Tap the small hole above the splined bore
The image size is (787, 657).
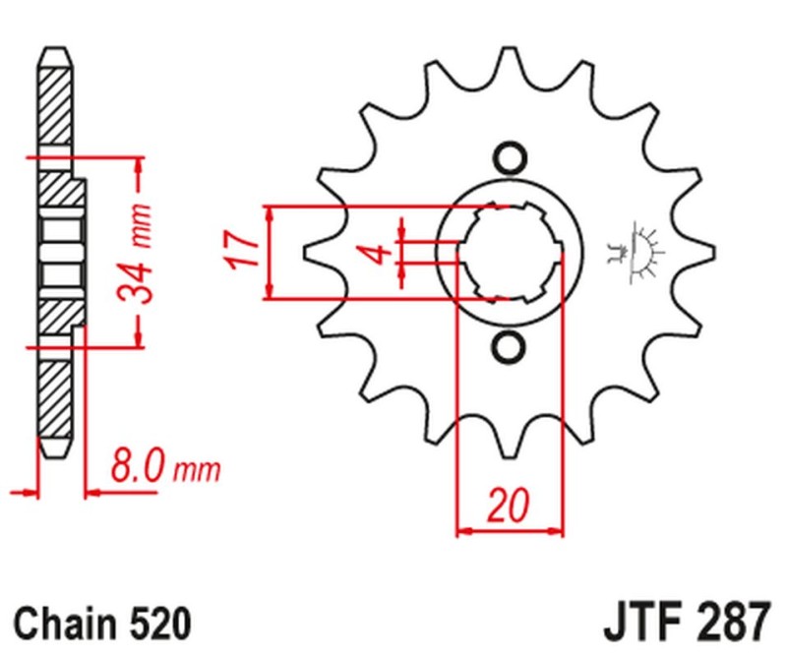(509, 157)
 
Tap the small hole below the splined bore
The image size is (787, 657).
(509, 347)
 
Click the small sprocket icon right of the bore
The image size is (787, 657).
(636, 253)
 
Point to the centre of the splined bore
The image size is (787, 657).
(509, 253)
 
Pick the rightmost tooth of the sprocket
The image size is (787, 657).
(700, 253)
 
